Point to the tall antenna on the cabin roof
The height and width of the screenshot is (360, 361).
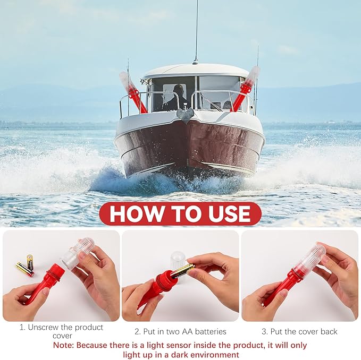(196, 32)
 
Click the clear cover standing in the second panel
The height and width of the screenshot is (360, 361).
(178, 260)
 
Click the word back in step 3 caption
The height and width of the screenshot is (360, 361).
(327, 331)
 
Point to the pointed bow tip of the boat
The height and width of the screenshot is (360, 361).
(186, 116)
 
